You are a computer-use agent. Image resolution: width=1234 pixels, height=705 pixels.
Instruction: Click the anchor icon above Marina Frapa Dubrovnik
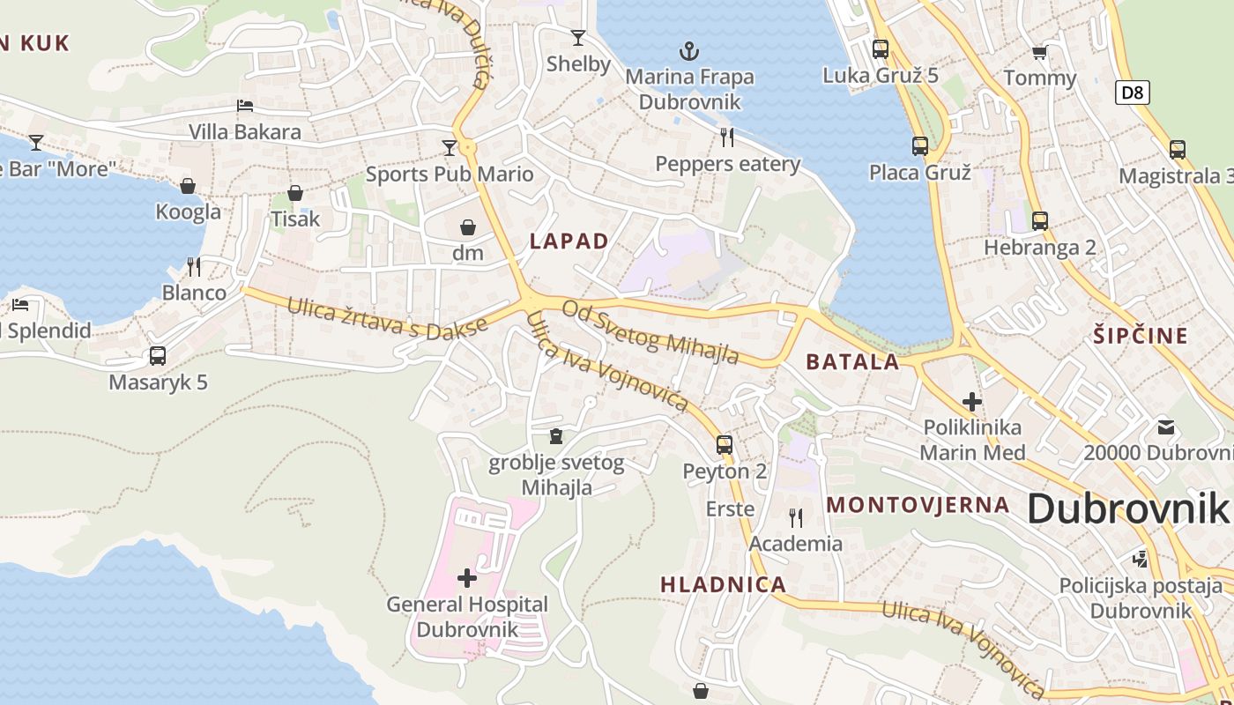click(x=689, y=51)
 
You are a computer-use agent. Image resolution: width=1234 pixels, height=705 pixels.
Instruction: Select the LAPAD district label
click(x=569, y=241)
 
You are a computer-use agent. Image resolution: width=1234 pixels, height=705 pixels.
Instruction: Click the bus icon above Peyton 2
click(x=725, y=445)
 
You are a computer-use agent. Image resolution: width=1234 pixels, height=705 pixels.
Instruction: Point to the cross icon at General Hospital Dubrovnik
click(x=467, y=578)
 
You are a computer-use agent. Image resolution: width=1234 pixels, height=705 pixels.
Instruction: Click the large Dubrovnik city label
click(x=1126, y=509)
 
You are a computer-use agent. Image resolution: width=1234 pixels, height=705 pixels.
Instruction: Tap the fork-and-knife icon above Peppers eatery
click(x=727, y=137)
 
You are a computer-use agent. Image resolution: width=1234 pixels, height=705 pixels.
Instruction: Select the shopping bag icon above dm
click(x=468, y=227)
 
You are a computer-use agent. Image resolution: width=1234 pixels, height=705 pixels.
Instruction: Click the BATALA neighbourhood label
click(x=852, y=361)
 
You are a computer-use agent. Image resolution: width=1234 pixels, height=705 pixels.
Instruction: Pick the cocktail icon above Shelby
click(x=578, y=37)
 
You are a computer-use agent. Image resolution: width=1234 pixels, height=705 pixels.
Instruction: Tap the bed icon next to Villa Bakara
click(x=245, y=106)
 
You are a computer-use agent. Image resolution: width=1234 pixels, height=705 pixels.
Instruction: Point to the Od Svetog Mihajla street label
click(x=650, y=331)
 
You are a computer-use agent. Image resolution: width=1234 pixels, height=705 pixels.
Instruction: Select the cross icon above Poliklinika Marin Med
click(x=972, y=402)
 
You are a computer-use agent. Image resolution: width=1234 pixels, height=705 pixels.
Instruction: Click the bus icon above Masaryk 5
click(x=158, y=356)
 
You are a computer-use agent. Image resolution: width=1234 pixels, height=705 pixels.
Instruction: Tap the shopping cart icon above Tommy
click(x=1040, y=53)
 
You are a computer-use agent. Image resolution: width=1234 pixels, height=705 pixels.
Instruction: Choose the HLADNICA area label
click(x=723, y=584)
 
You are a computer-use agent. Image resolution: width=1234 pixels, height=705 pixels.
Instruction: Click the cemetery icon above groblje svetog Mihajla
click(x=556, y=436)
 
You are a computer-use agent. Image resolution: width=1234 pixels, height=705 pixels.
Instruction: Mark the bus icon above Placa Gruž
click(x=920, y=146)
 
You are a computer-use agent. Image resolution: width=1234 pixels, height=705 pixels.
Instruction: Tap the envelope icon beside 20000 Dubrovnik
click(x=1166, y=428)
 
